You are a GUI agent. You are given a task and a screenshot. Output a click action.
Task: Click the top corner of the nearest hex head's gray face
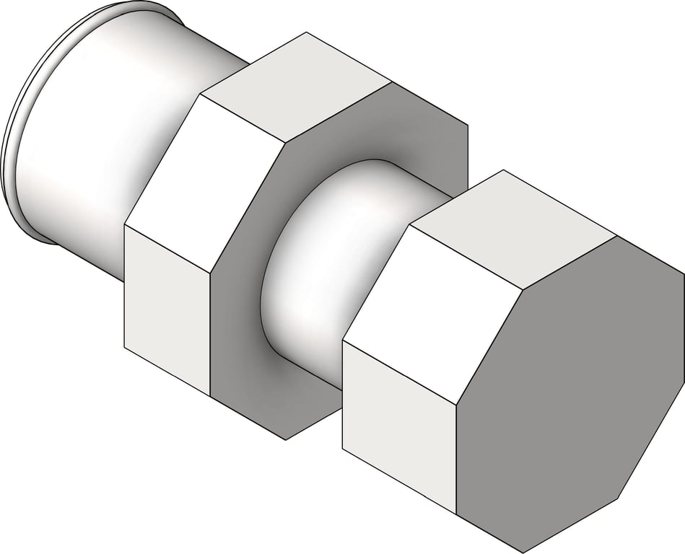(616, 235)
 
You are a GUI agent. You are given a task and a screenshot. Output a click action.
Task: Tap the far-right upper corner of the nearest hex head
(683, 273)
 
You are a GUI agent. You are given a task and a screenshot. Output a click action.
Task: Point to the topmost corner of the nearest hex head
(502, 170)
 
